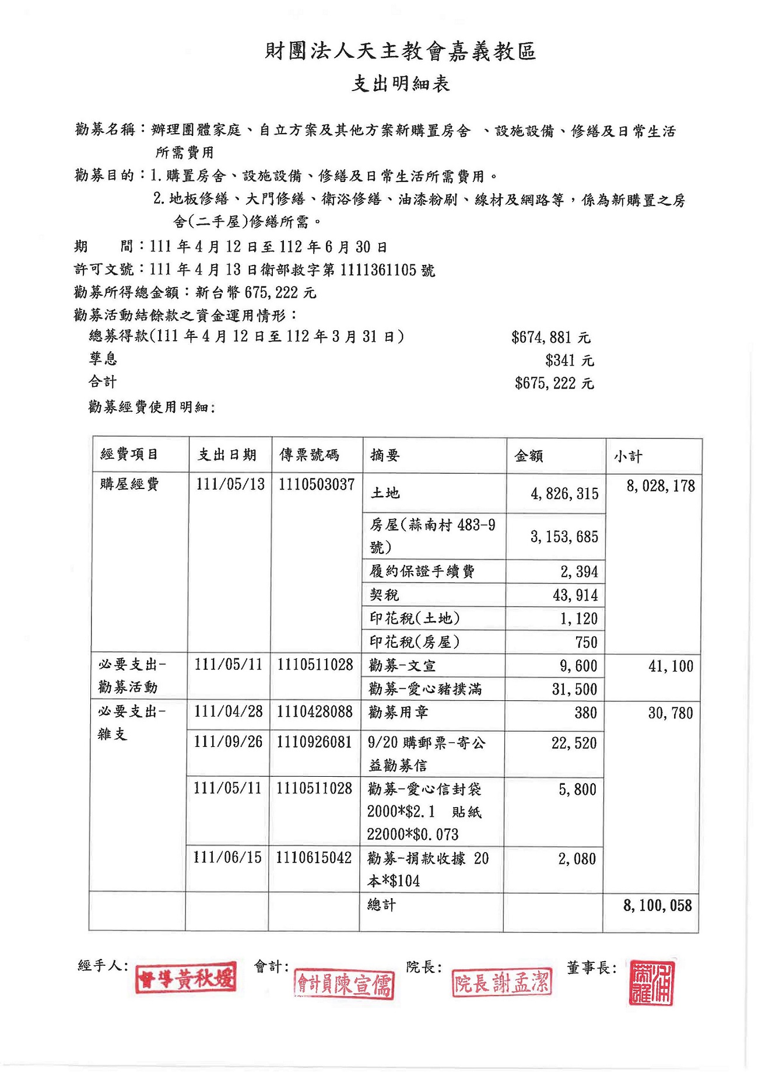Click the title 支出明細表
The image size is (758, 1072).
(400, 84)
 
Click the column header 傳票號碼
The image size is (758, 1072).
(309, 455)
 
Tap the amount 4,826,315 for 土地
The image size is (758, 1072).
(564, 494)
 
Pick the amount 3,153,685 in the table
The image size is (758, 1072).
(564, 537)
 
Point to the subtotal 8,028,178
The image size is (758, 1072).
(660, 486)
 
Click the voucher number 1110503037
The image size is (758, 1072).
(316, 485)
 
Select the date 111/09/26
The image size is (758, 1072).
(228, 742)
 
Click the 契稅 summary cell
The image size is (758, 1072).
(384, 595)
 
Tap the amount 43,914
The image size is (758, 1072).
(575, 596)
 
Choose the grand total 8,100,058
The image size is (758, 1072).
(657, 906)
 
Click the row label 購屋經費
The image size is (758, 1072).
(129, 484)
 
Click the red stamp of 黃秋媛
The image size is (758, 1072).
(186, 978)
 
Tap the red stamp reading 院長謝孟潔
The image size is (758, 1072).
(501, 983)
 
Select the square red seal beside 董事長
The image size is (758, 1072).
(651, 983)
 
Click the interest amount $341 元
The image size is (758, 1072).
(569, 361)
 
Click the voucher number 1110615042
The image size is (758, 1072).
(314, 858)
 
